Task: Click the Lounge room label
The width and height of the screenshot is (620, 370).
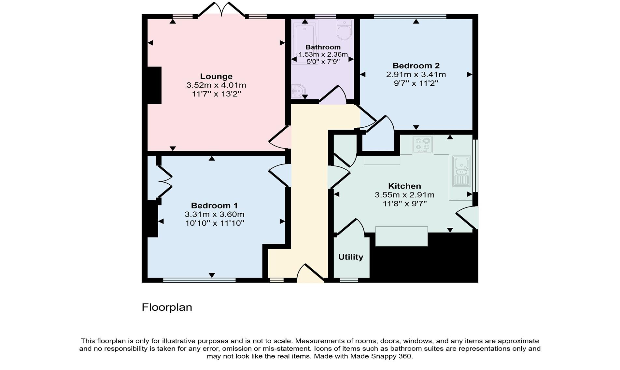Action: pyautogui.click(x=216, y=77)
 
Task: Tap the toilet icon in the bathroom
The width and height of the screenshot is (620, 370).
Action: pyautogui.click(x=344, y=30)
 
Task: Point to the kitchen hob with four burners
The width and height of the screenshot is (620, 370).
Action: pyautogui.click(x=423, y=145)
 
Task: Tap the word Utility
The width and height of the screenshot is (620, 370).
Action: pyautogui.click(x=351, y=257)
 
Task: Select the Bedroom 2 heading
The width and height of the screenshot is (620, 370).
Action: pyautogui.click(x=416, y=66)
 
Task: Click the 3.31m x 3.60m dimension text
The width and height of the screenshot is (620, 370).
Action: pyautogui.click(x=214, y=214)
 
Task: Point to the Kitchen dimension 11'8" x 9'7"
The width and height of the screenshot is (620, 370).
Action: pyautogui.click(x=405, y=204)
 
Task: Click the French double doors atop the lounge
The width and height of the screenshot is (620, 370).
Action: pyautogui.click(x=221, y=10)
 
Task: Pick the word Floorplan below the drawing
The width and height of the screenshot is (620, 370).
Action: pyautogui.click(x=167, y=307)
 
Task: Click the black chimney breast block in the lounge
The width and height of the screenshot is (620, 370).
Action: pyautogui.click(x=154, y=85)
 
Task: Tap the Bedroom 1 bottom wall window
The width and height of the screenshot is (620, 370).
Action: pyautogui.click(x=199, y=280)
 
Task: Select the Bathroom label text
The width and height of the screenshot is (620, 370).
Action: pyautogui.click(x=323, y=47)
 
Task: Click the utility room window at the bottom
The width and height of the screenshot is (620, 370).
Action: pyautogui.click(x=349, y=280)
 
